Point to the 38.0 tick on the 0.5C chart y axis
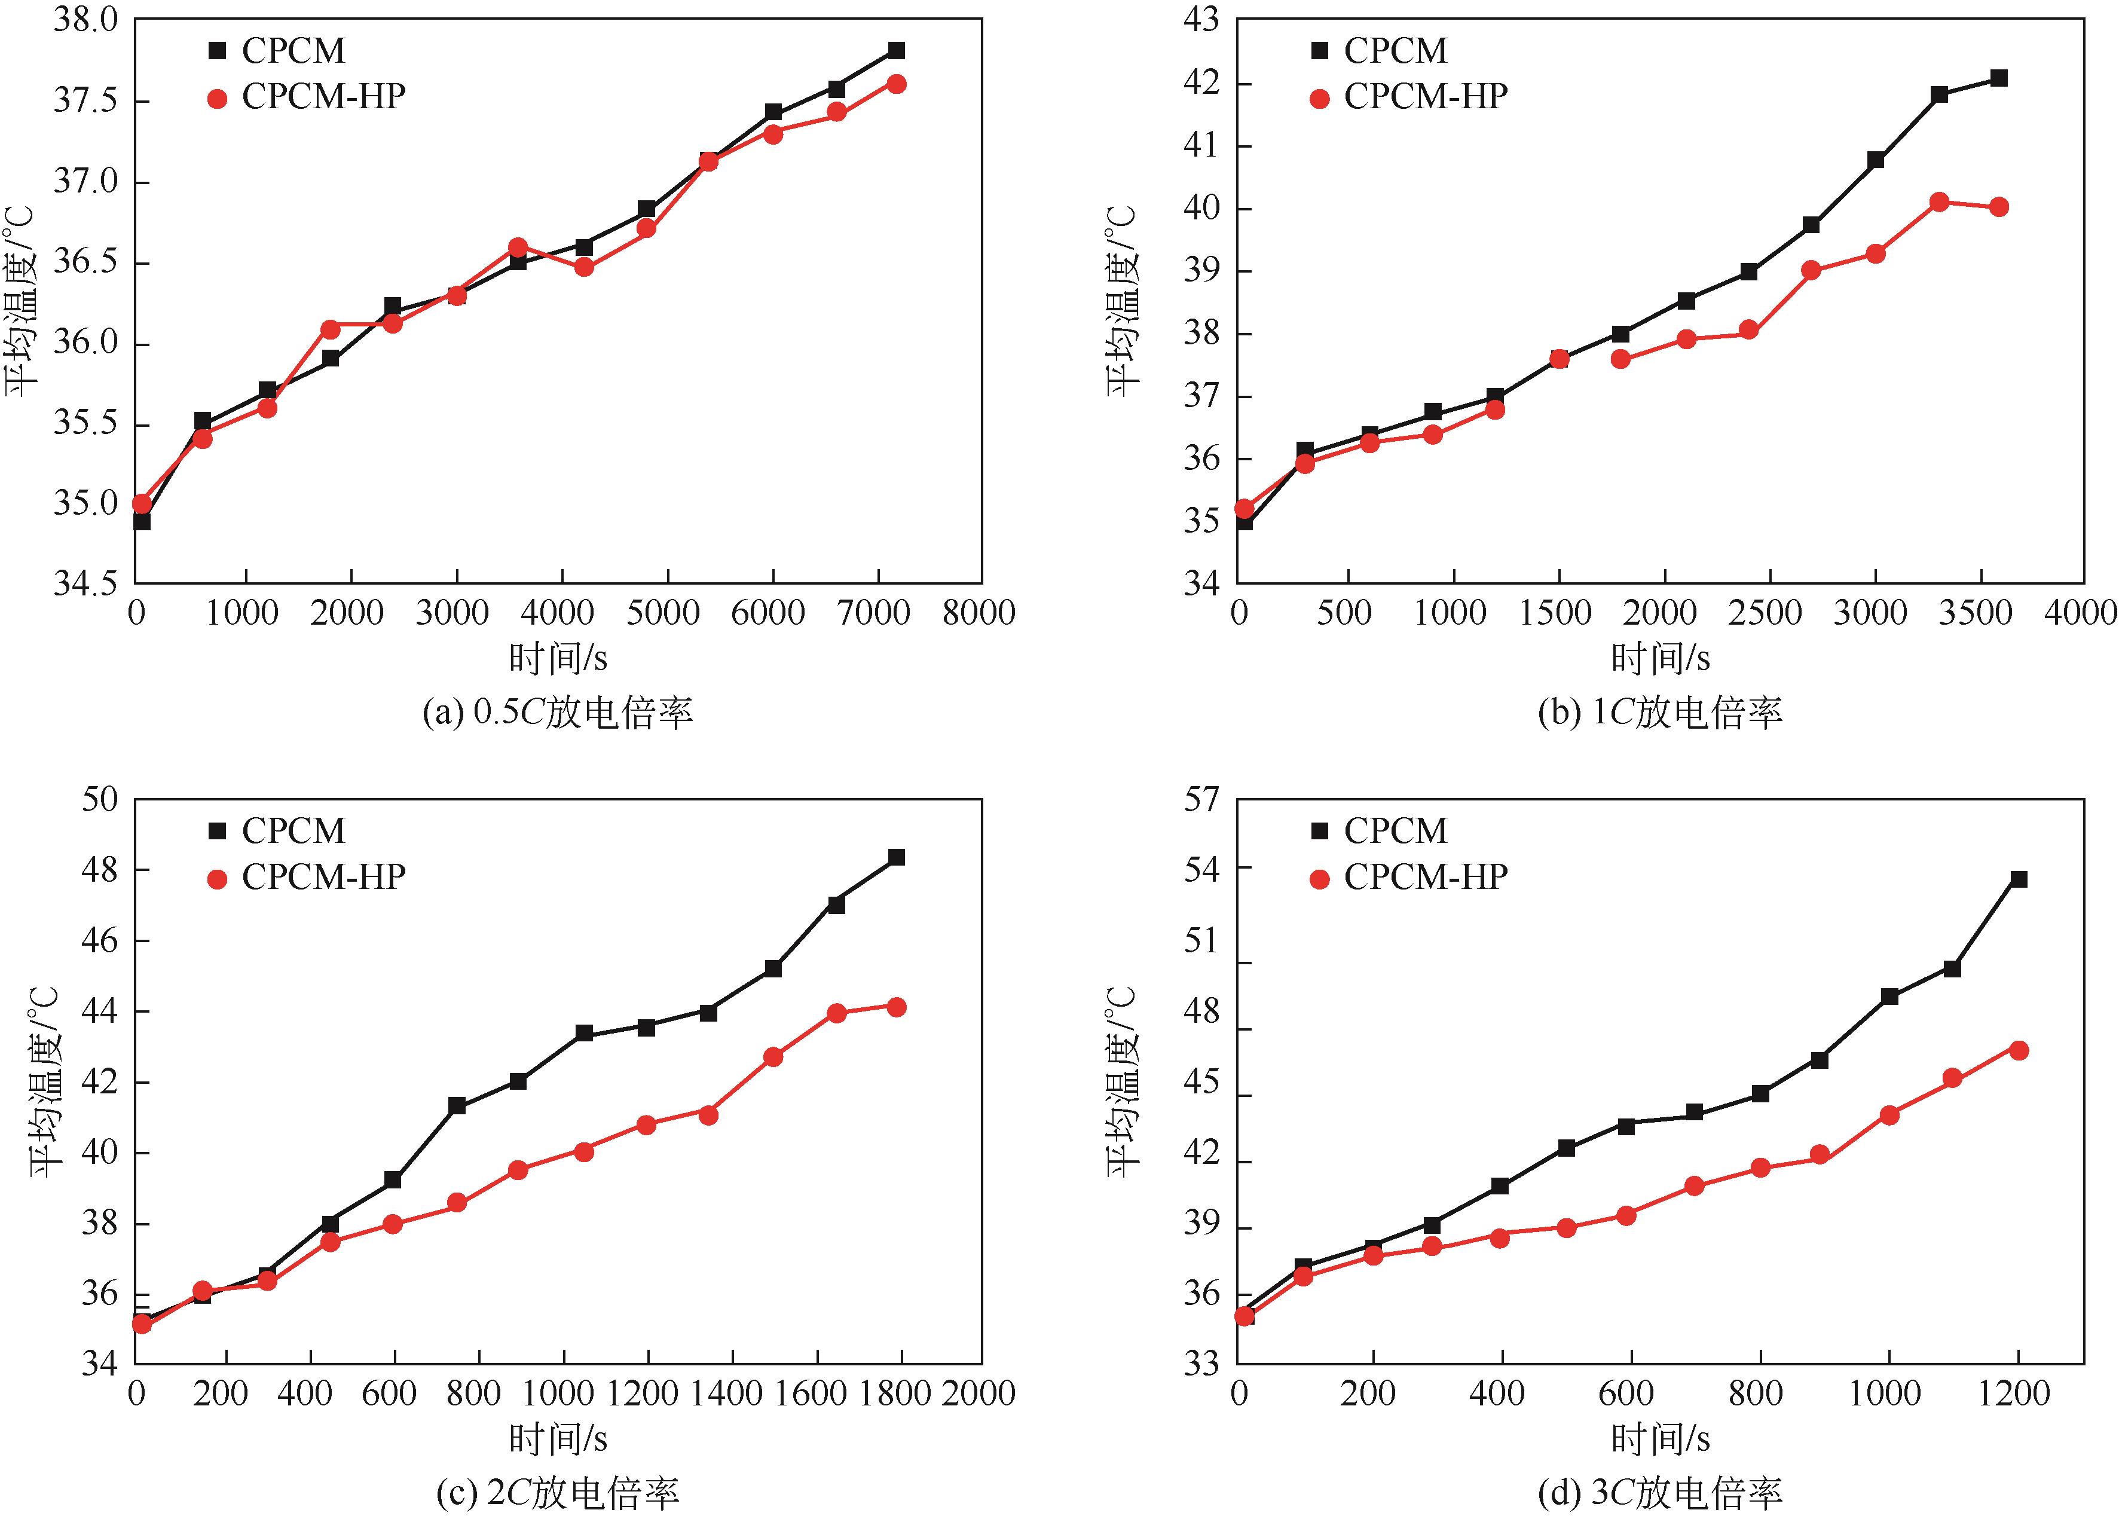tap(86, 20)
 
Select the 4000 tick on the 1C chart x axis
tap(2080, 613)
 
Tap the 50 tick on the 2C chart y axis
tap(99, 800)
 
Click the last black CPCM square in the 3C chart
tap(2018, 879)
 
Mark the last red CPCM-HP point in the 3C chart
tap(2018, 1050)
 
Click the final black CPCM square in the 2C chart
tap(896, 857)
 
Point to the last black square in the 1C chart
tap(1999, 78)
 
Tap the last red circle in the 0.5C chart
tap(896, 84)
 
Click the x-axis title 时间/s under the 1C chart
tap(1660, 659)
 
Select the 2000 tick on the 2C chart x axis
tap(977, 1393)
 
